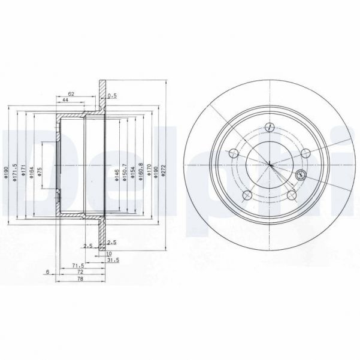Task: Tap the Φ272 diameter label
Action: (164, 173)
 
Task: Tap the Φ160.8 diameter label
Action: (141, 172)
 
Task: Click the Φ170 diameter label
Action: (149, 173)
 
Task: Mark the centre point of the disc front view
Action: (269, 164)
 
